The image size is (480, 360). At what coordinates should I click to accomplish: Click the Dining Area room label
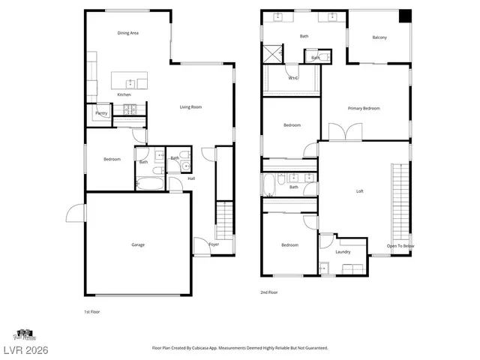[128, 33]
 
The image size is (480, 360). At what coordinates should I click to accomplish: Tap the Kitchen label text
[124, 94]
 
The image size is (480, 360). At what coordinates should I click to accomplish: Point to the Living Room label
[190, 107]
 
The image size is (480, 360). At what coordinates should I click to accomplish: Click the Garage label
[138, 244]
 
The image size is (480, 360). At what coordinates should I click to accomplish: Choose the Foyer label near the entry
[214, 244]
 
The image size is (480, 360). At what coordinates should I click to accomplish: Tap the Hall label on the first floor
[191, 178]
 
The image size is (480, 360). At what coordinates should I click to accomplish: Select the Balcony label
[379, 37]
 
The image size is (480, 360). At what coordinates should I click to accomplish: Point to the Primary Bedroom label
[364, 108]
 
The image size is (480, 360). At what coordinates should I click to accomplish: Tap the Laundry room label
[343, 251]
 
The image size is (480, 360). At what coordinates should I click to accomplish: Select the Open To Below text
[400, 246]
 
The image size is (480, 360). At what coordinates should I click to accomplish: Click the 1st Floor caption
[91, 310]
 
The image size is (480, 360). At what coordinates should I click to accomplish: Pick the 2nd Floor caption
[268, 292]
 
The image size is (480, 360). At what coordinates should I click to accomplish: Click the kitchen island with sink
[130, 81]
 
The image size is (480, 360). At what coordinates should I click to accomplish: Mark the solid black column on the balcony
[405, 16]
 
